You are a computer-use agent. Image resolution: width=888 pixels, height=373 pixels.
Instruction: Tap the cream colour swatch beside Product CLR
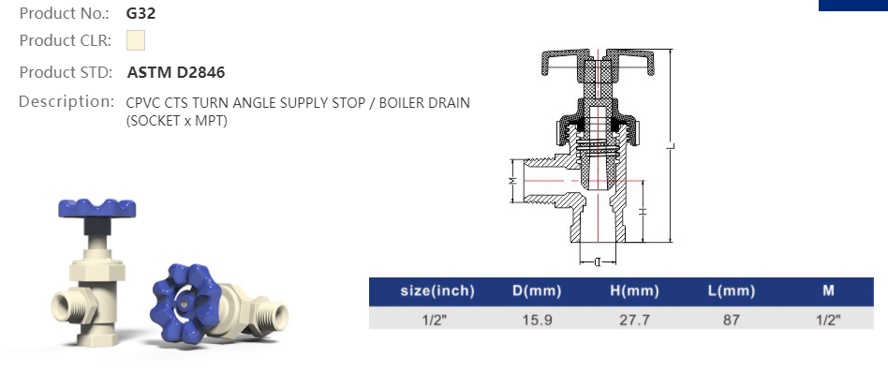(135, 41)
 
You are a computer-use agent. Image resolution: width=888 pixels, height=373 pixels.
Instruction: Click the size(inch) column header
(437, 291)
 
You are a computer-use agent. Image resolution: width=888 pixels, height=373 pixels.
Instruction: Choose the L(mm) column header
(731, 291)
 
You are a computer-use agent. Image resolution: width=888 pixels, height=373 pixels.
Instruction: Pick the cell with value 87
(731, 320)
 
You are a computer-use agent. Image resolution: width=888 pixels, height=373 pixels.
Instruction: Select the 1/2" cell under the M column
(828, 320)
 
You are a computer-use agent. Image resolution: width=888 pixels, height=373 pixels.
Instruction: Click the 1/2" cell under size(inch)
(437, 320)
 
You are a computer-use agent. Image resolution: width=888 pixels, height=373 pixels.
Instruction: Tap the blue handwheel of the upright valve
(96, 208)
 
